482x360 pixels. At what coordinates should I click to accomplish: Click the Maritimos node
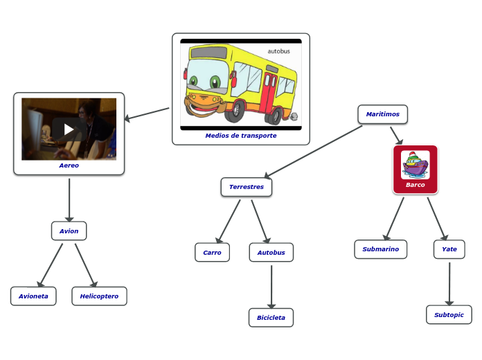382,114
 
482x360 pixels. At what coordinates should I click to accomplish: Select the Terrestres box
247,187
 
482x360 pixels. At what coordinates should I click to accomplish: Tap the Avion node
69,231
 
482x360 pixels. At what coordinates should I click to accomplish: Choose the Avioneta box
33,296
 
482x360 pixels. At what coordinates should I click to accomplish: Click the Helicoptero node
99,296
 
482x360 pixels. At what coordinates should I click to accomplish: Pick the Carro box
212,253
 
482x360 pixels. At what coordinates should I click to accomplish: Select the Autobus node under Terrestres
271,253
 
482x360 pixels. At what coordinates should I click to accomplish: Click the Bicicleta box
271,318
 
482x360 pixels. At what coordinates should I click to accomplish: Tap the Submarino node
380,249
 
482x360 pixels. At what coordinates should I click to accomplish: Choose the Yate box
449,249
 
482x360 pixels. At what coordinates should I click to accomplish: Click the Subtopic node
449,315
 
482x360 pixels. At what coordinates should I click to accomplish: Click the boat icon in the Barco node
415,165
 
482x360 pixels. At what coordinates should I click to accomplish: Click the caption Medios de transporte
240,136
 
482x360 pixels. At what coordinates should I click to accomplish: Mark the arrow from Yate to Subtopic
449,282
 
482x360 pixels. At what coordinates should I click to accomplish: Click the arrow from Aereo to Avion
69,199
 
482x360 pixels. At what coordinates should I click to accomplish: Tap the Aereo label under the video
69,165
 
